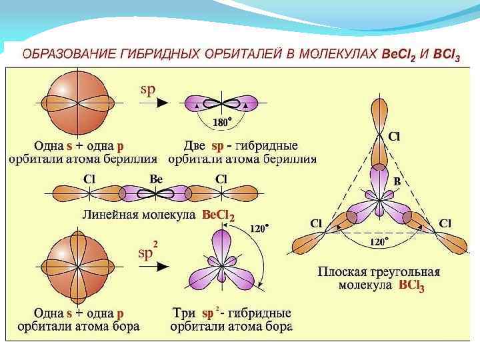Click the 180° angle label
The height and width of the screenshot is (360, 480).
(222, 122)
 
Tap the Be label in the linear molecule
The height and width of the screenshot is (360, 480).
(156, 179)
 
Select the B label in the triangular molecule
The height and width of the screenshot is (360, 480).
(397, 181)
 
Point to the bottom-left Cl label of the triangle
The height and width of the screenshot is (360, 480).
(317, 223)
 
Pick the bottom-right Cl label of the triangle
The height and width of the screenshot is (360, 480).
(445, 223)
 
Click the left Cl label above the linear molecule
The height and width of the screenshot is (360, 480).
(89, 179)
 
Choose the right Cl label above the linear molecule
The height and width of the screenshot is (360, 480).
(221, 179)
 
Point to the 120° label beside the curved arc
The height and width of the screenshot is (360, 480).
(259, 228)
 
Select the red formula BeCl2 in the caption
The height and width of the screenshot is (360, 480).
(217, 215)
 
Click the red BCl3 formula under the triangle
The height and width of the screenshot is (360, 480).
(411, 286)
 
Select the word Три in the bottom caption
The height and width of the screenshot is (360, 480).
(184, 313)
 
